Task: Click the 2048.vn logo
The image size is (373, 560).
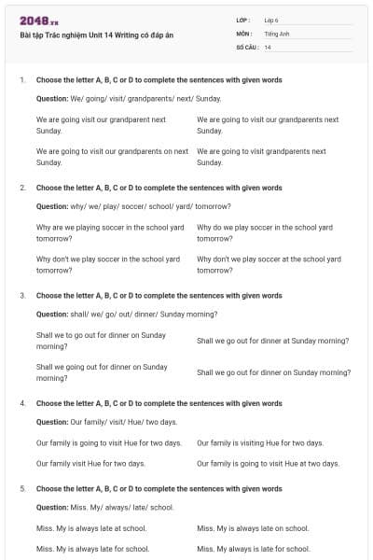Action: (39, 21)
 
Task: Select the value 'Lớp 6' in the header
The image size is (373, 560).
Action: (271, 20)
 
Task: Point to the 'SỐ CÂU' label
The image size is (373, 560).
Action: (247, 47)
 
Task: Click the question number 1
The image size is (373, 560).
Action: (21, 80)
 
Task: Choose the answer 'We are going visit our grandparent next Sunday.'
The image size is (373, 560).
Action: (101, 125)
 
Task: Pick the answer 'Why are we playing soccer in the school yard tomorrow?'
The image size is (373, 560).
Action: (110, 232)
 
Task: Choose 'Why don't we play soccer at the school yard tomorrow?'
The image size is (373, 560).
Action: (269, 264)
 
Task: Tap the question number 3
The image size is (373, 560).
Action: (21, 296)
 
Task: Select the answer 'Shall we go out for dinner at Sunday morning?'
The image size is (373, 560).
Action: (272, 341)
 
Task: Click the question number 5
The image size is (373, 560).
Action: (21, 488)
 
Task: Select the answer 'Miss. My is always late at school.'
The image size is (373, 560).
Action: (90, 528)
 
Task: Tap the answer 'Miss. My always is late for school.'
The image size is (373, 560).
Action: (253, 549)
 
